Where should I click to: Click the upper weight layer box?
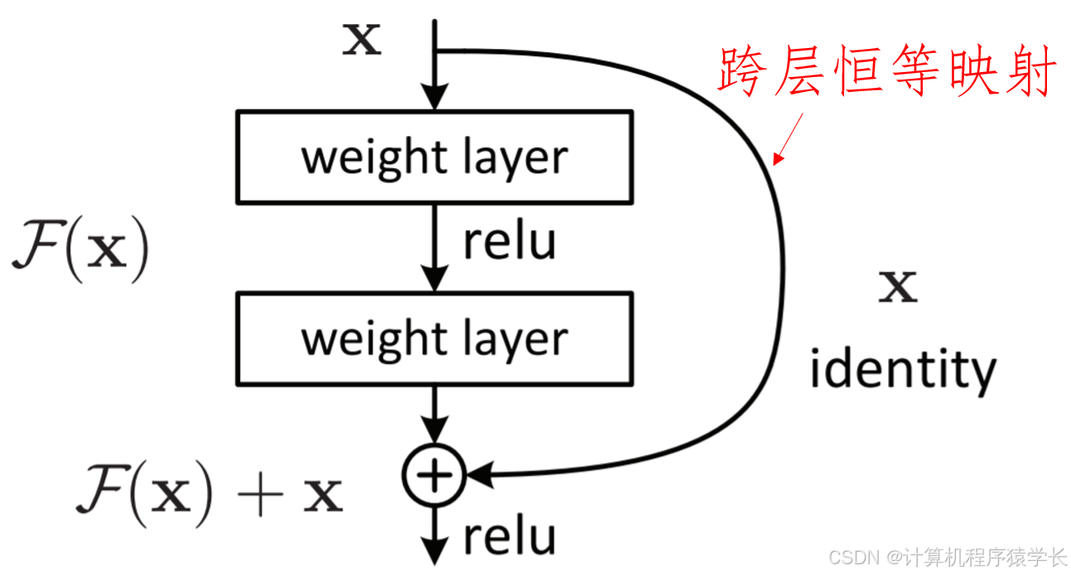point(434,157)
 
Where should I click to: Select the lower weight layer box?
point(434,338)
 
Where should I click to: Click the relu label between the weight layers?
point(509,242)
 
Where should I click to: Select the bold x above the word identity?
point(898,287)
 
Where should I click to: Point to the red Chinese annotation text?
point(886,72)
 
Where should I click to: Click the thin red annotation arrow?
point(789,137)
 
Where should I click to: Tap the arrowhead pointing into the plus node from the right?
point(479,475)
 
